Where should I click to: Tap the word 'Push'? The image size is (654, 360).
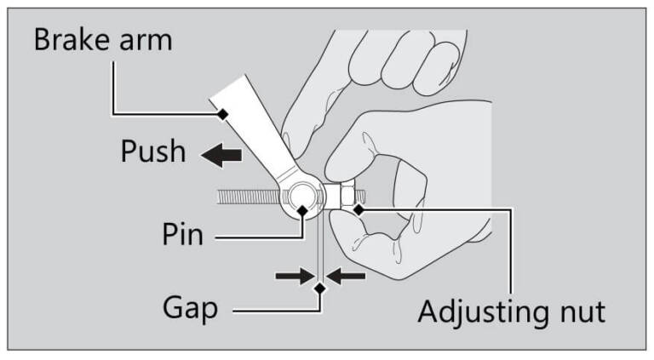point(152,151)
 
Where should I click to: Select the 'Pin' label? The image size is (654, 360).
point(182,233)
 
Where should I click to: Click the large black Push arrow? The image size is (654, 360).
point(221,154)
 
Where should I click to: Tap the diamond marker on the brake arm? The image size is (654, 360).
point(223,113)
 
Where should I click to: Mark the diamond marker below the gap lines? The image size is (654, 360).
point(320,289)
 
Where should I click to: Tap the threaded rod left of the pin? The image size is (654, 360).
point(248,197)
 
